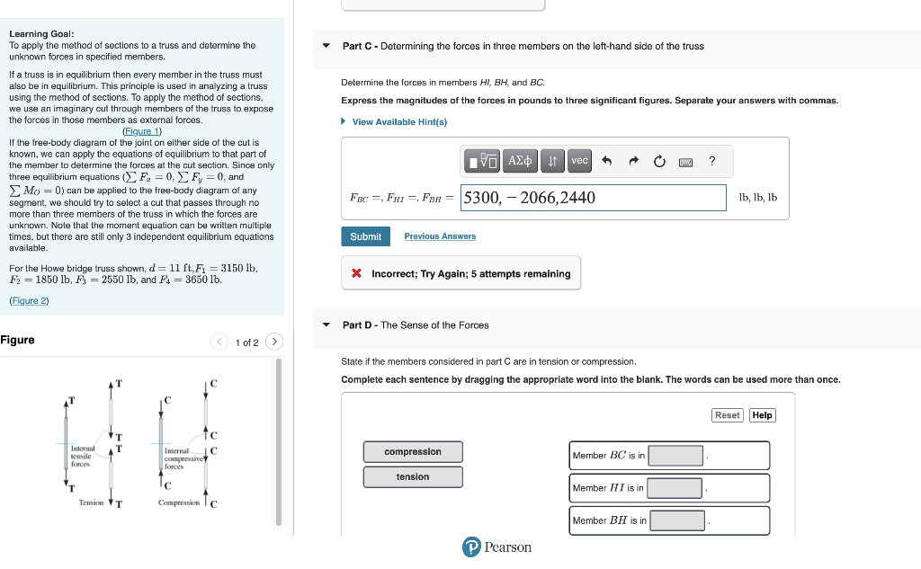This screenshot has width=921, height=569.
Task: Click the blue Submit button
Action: pos(365,236)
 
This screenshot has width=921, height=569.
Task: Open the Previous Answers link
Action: pos(440,236)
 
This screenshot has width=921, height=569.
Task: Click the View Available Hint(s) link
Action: pos(398,121)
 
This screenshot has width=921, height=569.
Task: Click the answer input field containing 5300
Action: pos(593,198)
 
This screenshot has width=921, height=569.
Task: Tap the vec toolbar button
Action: pos(579,161)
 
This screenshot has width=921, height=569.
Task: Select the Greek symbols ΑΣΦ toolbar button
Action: pos(521,161)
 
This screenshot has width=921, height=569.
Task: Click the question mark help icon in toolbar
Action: pos(711,161)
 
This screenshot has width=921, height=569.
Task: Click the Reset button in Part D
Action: pos(727,415)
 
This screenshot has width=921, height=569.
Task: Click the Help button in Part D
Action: pos(762,415)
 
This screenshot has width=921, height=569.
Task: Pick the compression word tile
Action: pos(413,451)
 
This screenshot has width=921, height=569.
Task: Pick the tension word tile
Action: pos(413,476)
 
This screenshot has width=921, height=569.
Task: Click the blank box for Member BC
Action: pos(675,456)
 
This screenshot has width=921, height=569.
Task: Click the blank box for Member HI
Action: pos(675,488)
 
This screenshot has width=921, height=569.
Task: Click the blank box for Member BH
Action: pos(677,520)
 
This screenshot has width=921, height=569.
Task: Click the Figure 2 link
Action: pos(29,300)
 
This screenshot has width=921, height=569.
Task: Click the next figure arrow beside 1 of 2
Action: pos(275,342)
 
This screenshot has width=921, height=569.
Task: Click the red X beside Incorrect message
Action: pos(357,273)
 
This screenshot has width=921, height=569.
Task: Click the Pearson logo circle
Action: pos(470,547)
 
